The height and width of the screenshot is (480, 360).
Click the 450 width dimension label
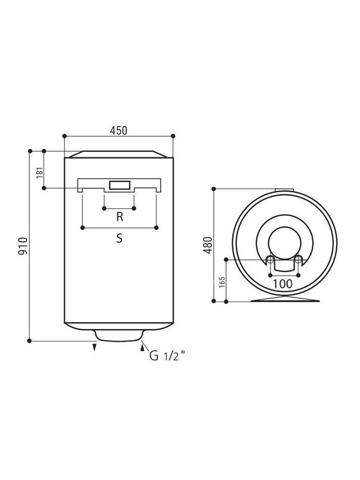[x=118, y=130]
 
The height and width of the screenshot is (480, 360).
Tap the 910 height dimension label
[x=23, y=246]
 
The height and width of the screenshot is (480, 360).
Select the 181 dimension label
[x=40, y=173]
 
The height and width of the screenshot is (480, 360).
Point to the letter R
[x=120, y=217]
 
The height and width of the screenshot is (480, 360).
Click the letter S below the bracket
[x=119, y=238]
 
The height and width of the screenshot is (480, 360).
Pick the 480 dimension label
[x=208, y=245]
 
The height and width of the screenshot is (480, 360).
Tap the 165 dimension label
[x=222, y=282]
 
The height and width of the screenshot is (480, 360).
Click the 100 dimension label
[x=283, y=284]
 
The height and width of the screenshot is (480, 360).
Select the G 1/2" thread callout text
[x=167, y=356]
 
